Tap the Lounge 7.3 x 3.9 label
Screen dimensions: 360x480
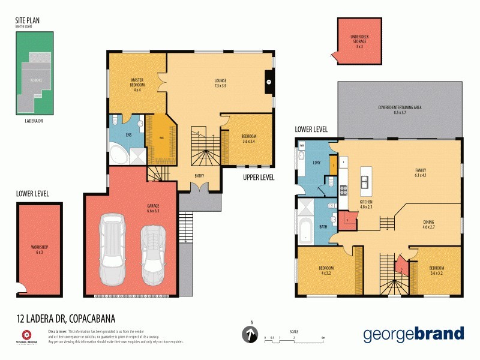tap(220, 83)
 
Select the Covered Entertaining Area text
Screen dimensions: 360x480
tap(400, 109)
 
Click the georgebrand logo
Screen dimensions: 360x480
tap(413, 334)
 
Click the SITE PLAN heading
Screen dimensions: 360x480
tap(28, 20)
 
